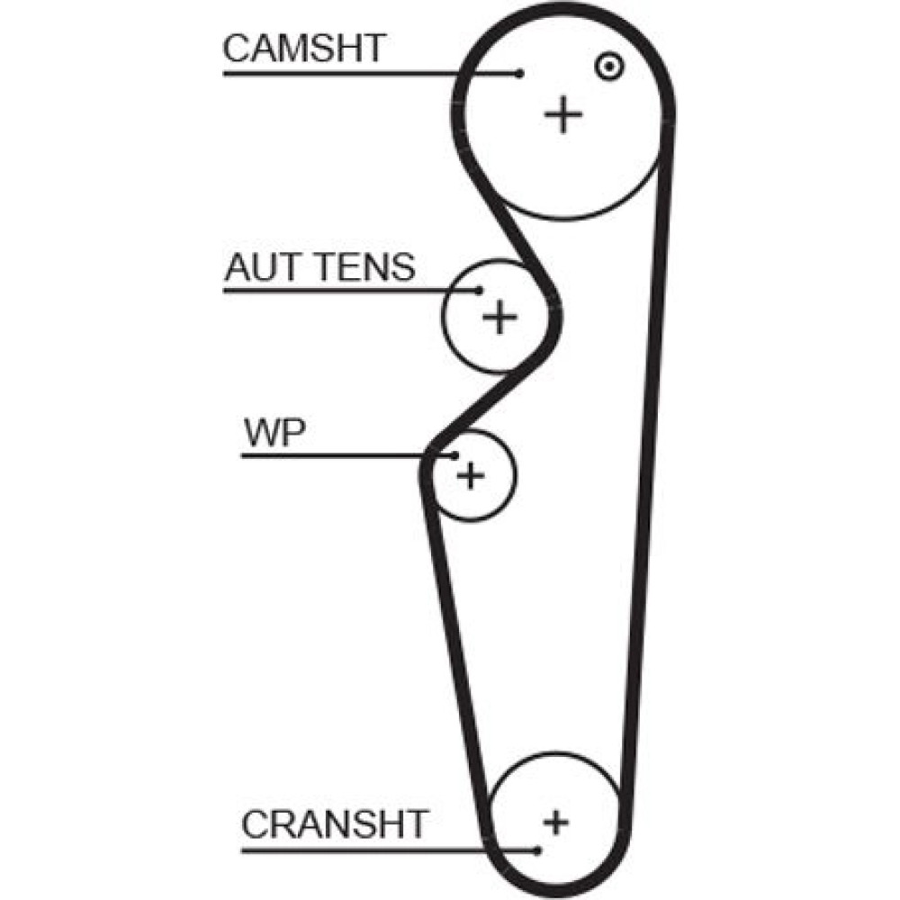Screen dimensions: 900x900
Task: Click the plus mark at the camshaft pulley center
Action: (x=564, y=114)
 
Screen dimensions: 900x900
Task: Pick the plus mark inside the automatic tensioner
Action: (x=499, y=316)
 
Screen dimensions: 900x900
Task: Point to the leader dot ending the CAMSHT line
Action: (x=519, y=74)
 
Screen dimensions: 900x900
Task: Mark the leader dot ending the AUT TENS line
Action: (x=480, y=290)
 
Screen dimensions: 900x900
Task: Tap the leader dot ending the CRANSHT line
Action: (x=537, y=850)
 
